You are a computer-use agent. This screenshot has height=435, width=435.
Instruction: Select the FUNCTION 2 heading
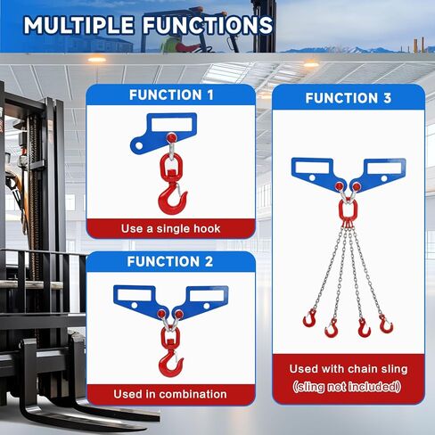pos(170,262)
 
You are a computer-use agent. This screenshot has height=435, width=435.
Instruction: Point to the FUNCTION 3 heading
pos(348,98)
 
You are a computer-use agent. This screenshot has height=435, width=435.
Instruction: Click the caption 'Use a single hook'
pos(171,229)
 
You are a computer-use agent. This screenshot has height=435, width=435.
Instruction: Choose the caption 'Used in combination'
pos(170,394)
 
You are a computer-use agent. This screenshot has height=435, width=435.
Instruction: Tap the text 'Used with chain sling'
pos(349,368)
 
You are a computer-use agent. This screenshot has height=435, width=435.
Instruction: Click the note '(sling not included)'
pos(348,387)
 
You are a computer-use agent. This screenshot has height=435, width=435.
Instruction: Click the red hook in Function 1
pos(168,197)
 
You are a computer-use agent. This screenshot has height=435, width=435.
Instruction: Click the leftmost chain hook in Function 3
pos(311,318)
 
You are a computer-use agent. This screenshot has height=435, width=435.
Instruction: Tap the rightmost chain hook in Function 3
pos(386,324)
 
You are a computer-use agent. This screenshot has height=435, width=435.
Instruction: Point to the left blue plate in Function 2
pos(139,300)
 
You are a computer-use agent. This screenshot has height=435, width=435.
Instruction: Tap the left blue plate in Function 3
pos(314,172)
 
